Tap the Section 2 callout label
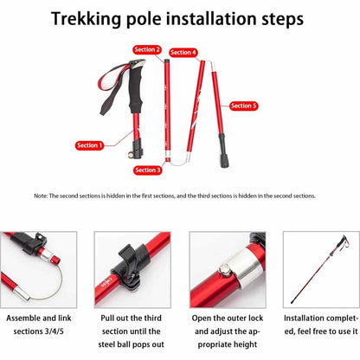click(x=146, y=50)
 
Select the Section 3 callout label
click(x=147, y=170)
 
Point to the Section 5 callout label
click(x=243, y=106)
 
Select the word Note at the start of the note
click(x=40, y=196)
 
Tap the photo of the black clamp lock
click(x=134, y=269)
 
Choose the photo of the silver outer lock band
click(x=226, y=269)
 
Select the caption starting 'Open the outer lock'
click(x=226, y=331)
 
